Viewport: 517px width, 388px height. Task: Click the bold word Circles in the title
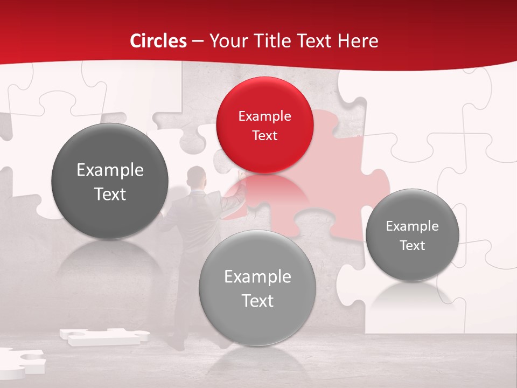(158, 41)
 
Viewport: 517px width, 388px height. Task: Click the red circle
(264, 125)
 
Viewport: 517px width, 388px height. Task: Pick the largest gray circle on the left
(110, 181)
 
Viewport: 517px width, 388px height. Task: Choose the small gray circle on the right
(412, 234)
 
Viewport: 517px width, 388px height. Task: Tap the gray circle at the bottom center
(257, 288)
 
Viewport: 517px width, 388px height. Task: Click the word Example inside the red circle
(264, 116)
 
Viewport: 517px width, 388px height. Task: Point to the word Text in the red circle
(264, 135)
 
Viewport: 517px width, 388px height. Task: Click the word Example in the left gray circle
(110, 170)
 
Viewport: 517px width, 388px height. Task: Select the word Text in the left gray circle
(110, 194)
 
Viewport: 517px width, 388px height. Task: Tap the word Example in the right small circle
(412, 226)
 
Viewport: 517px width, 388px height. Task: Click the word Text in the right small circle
(412, 245)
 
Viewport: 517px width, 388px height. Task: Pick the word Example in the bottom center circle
(257, 276)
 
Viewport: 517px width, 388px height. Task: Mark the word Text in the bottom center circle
(257, 301)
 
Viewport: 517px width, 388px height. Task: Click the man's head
(196, 176)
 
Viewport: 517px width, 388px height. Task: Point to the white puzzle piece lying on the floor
(102, 336)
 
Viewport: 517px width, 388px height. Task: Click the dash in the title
(197, 41)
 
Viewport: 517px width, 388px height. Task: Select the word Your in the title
(227, 41)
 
